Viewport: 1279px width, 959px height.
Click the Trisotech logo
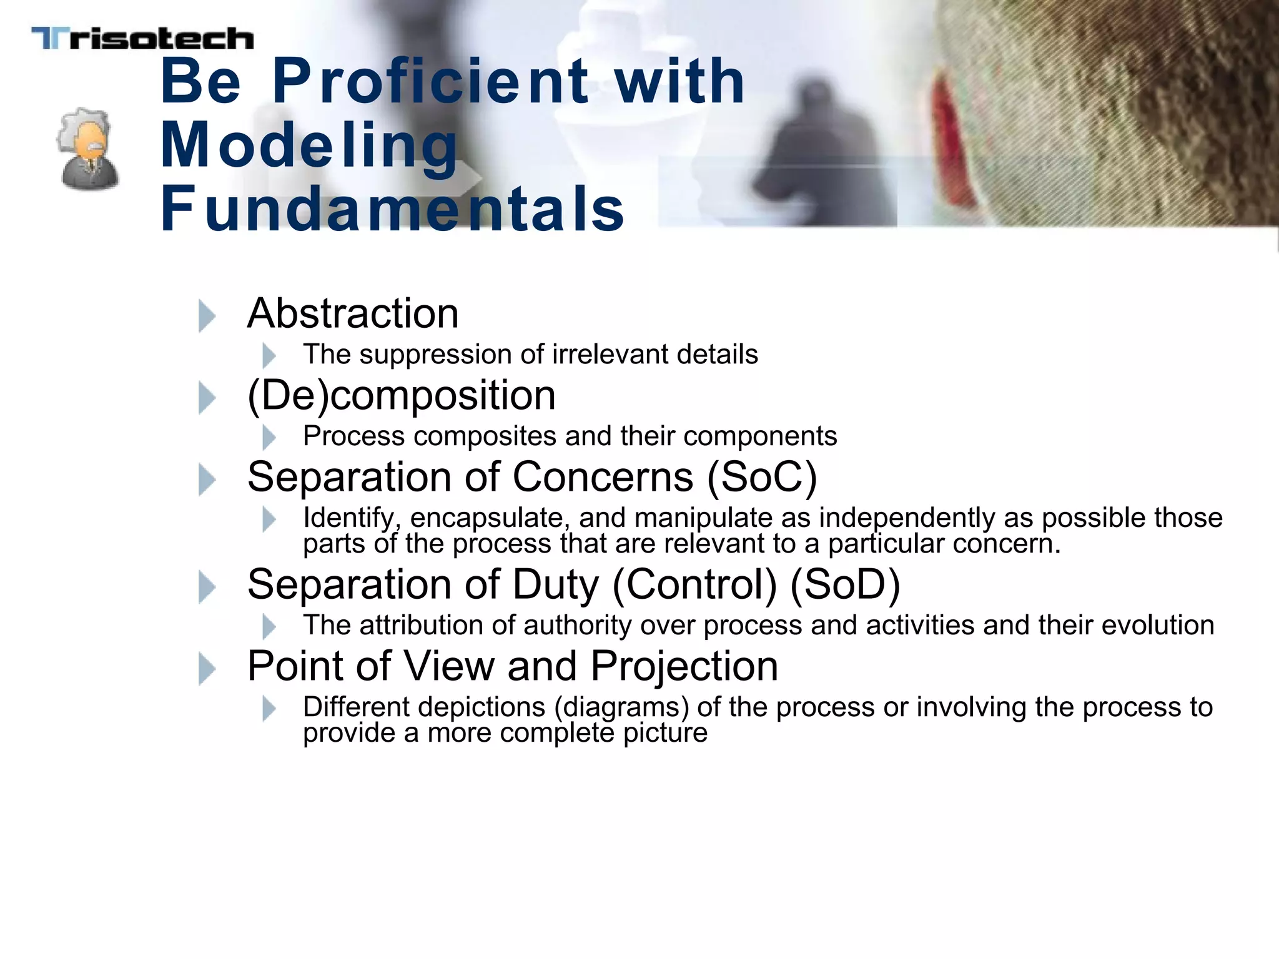(142, 39)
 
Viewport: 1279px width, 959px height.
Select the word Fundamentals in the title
(392, 209)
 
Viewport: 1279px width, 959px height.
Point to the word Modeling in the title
(310, 145)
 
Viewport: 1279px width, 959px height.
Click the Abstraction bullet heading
(353, 313)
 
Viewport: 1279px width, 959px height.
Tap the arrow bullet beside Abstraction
(207, 315)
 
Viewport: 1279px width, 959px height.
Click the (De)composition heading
(401, 396)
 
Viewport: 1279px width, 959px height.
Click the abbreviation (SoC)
(761, 478)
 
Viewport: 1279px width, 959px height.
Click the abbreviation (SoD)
(845, 585)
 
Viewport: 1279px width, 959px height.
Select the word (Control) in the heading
(694, 585)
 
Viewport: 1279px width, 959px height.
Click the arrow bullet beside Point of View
(207, 669)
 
